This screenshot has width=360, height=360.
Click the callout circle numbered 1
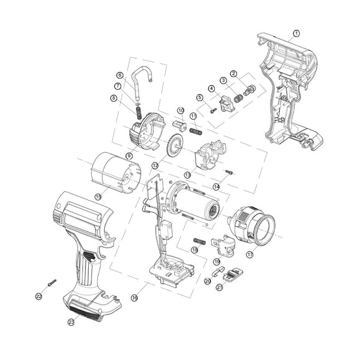(x=296, y=33)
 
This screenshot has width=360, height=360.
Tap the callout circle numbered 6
(x=120, y=75)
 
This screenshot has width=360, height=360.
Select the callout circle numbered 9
(x=129, y=155)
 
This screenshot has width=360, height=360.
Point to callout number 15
(x=98, y=196)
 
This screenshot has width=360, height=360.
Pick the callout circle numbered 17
(x=250, y=254)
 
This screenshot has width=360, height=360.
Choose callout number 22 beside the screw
(x=38, y=297)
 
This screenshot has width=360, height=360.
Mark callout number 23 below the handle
(x=71, y=322)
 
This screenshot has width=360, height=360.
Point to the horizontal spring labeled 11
(x=196, y=131)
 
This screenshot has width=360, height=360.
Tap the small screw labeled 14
(x=230, y=172)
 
